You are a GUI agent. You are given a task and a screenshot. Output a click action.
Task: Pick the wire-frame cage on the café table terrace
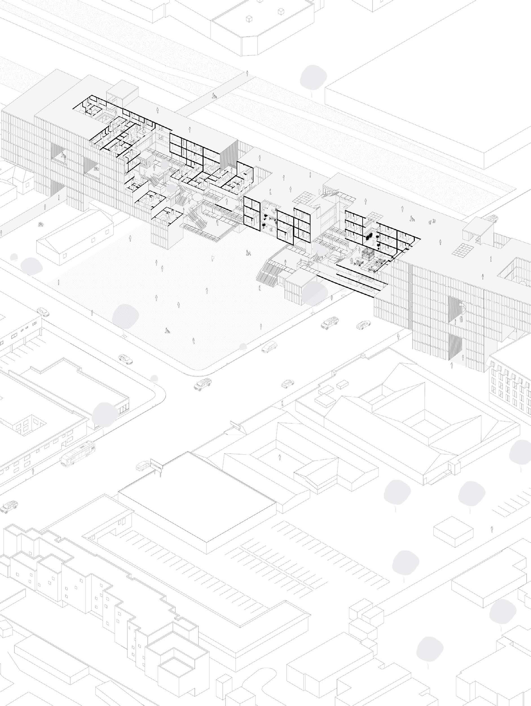[x=367, y=255]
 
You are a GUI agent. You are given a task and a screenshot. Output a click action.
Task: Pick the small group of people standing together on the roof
[x=431, y=221]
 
